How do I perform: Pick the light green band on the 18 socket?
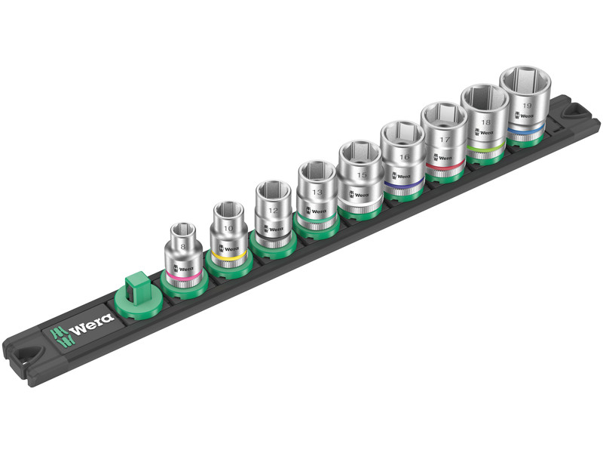(x=485, y=147)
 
